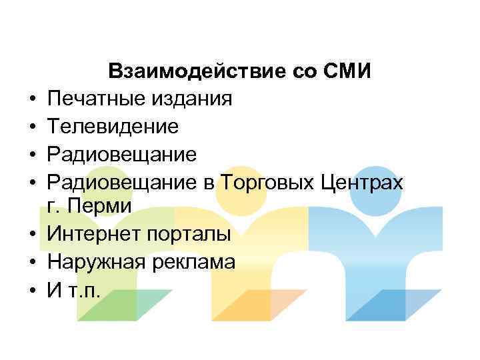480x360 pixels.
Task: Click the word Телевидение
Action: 113,126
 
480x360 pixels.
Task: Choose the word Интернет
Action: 90,235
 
